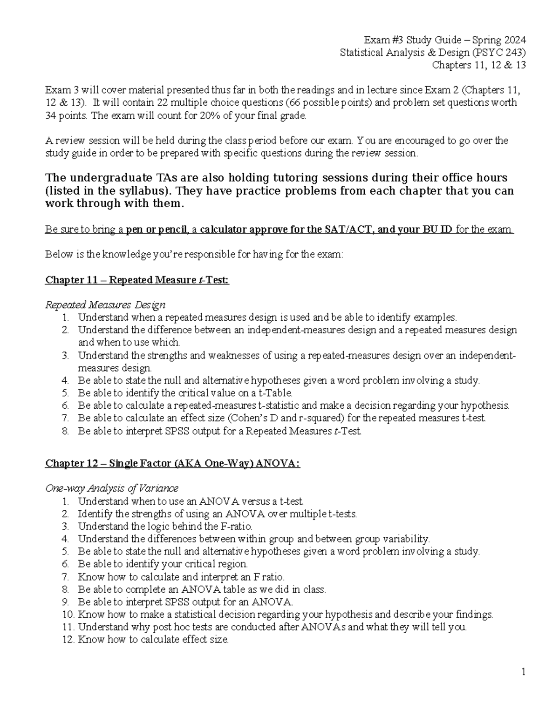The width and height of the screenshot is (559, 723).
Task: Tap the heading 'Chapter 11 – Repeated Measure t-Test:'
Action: pos(137,280)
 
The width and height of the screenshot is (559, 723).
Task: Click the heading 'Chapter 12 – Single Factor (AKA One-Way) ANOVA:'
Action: pos(172,464)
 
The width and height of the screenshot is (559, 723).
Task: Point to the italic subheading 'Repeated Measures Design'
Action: pos(105,305)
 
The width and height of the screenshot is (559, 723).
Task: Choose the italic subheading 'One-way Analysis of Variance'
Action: pos(111,488)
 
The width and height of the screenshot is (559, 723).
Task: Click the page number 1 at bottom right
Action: pos(524,671)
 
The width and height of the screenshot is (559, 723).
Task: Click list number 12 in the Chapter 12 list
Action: pos(68,640)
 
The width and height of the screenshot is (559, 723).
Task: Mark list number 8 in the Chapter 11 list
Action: pos(65,431)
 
